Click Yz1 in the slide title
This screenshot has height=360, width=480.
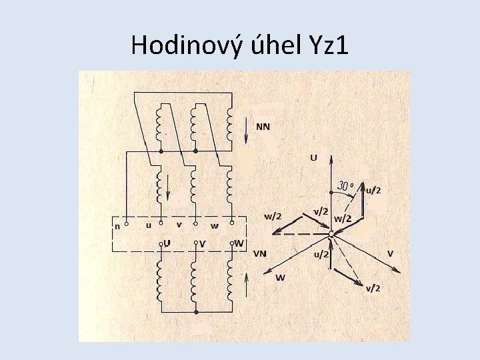click(x=327, y=45)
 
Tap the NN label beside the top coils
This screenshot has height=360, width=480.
click(x=263, y=127)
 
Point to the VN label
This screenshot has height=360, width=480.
click(x=261, y=253)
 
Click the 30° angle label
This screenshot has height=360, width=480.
click(x=346, y=186)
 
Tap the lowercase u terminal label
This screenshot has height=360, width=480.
click(x=149, y=225)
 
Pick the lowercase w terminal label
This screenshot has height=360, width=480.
click(x=215, y=225)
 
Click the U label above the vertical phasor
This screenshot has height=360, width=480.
click(x=313, y=158)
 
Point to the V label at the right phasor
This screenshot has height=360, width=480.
click(x=390, y=253)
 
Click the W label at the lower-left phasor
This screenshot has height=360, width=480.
click(x=280, y=277)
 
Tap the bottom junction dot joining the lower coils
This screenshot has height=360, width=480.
click(x=195, y=311)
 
